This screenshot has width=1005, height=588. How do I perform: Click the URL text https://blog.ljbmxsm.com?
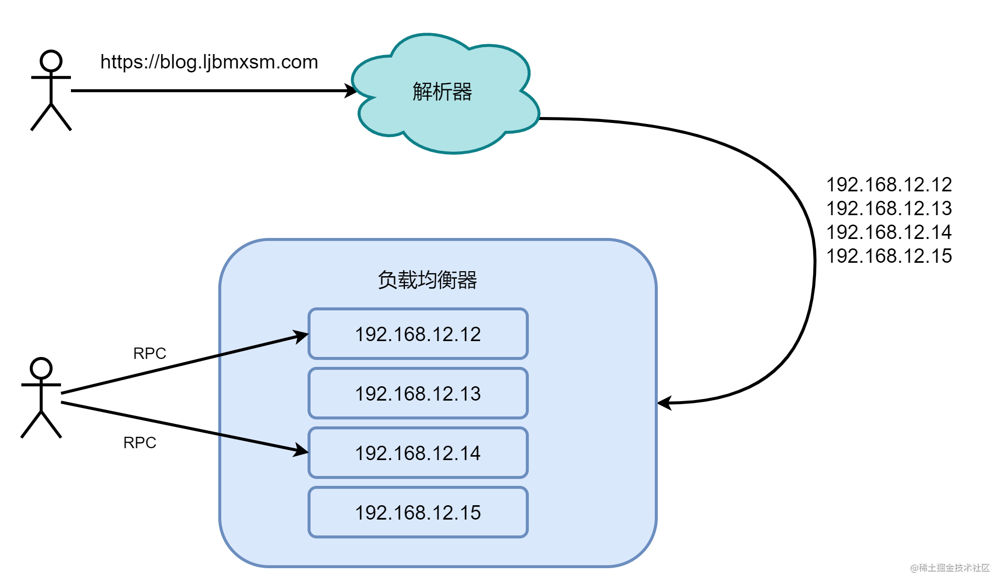pyautogui.click(x=209, y=62)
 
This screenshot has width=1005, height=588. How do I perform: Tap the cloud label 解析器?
pyautogui.click(x=442, y=92)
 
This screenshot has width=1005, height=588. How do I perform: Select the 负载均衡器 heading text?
pyautogui.click(x=427, y=280)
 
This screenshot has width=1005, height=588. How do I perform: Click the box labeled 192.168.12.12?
pyautogui.click(x=418, y=334)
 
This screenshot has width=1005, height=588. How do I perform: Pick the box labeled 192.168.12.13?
pyautogui.click(x=418, y=394)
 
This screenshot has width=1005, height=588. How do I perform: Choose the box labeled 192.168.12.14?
pyautogui.click(x=418, y=453)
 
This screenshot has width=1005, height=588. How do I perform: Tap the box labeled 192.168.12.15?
pyautogui.click(x=418, y=513)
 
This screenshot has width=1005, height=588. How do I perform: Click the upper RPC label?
pyautogui.click(x=149, y=353)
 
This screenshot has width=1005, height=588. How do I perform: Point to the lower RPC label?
pyautogui.click(x=139, y=443)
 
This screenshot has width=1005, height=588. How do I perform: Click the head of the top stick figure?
pyautogui.click(x=51, y=61)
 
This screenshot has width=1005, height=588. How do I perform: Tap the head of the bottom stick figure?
pyautogui.click(x=41, y=368)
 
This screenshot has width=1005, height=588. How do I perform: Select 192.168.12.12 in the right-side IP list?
pyautogui.click(x=888, y=185)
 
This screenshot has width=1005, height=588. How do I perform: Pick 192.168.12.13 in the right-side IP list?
pyautogui.click(x=888, y=209)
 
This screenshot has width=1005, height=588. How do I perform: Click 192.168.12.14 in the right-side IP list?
pyautogui.click(x=888, y=233)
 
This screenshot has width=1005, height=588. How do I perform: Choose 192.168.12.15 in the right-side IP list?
pyautogui.click(x=888, y=256)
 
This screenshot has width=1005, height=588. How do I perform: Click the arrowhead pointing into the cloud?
pyautogui.click(x=351, y=91)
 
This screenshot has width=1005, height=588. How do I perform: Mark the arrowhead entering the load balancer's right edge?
pyautogui.click(x=664, y=403)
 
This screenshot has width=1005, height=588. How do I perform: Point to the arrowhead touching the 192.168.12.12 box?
pyautogui.click(x=301, y=336)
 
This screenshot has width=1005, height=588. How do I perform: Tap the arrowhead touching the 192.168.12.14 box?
pyautogui.click(x=301, y=450)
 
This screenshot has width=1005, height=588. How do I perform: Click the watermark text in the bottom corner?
pyautogui.click(x=949, y=568)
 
